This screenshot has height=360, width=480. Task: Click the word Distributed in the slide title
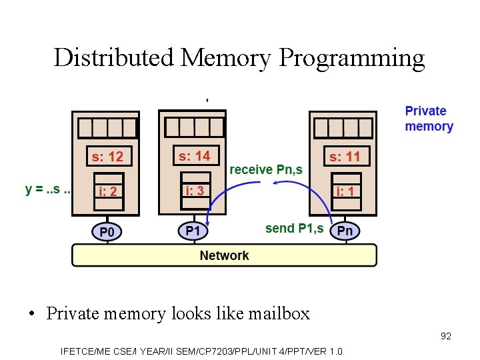point(114,58)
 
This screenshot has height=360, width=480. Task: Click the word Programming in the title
point(351,58)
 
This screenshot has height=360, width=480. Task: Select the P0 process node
point(107,232)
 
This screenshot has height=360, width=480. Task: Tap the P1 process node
point(193,231)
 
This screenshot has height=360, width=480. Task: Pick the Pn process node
point(345,231)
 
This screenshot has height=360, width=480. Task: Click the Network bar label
point(224,255)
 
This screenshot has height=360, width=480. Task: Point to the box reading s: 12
point(107,157)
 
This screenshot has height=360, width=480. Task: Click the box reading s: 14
point(194,156)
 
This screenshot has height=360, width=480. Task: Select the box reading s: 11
point(345,157)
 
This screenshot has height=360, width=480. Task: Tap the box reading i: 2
point(107,191)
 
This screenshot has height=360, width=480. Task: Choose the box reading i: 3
point(195,190)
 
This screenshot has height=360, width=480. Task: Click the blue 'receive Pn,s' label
point(266,170)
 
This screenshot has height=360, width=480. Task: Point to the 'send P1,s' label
point(294,229)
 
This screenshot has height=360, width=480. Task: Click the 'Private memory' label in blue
point(429,119)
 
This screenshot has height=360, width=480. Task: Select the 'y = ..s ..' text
point(49,189)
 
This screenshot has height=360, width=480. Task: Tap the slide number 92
point(445,336)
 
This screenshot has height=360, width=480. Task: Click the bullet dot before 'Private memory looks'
point(32,314)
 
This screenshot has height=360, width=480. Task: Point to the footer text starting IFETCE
point(201,351)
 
